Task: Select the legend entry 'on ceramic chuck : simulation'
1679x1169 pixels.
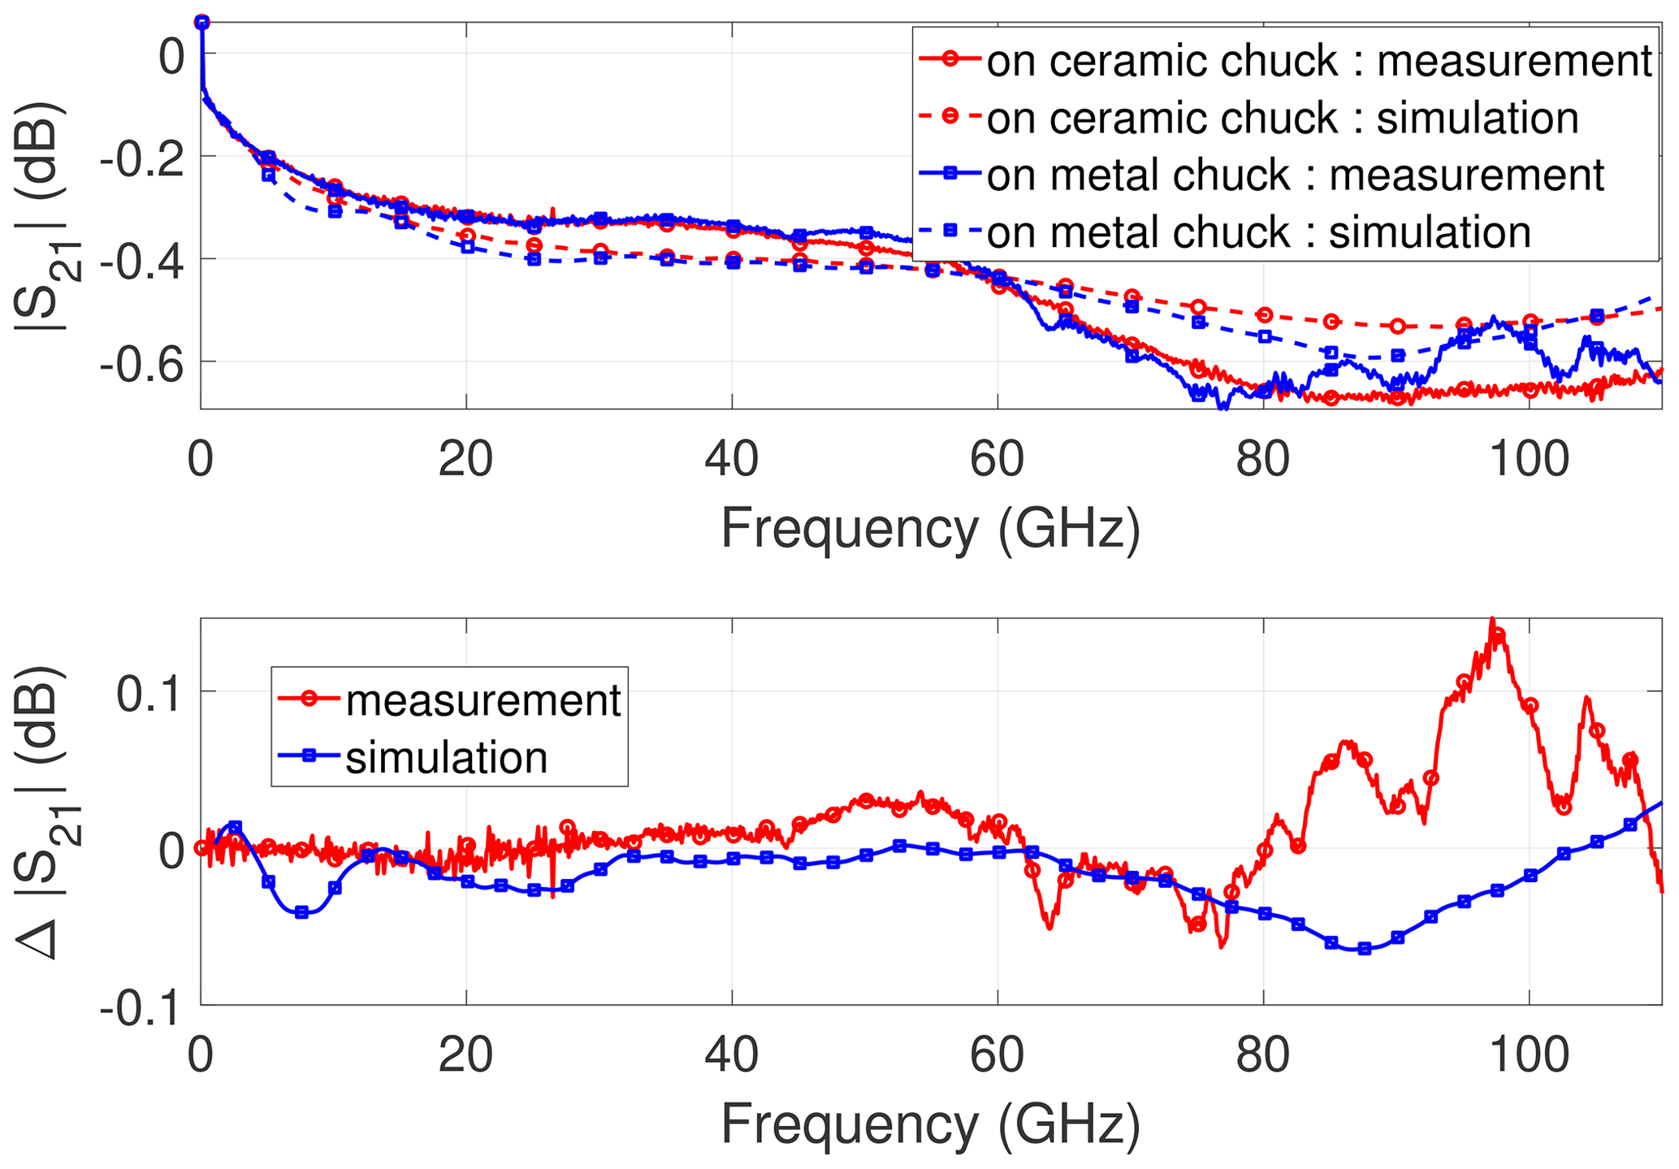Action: click(x=1282, y=119)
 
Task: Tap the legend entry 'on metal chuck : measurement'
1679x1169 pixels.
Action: click(x=1294, y=175)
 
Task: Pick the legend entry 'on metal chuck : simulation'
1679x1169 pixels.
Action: click(x=1257, y=232)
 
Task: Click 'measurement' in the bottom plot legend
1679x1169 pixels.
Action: click(x=482, y=700)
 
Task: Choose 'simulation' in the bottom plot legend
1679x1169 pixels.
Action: click(x=446, y=757)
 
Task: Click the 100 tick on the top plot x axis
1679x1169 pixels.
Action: click(x=1528, y=460)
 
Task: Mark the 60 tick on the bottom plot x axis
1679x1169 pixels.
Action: click(x=997, y=1056)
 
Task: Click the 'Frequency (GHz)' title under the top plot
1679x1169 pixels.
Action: click(x=930, y=530)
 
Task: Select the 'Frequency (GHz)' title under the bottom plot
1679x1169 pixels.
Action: click(x=930, y=1126)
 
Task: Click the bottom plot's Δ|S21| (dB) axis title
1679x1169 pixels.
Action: click(x=45, y=812)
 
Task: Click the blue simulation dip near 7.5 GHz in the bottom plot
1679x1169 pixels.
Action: click(x=302, y=913)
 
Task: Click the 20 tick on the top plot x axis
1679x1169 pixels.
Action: click(x=465, y=460)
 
